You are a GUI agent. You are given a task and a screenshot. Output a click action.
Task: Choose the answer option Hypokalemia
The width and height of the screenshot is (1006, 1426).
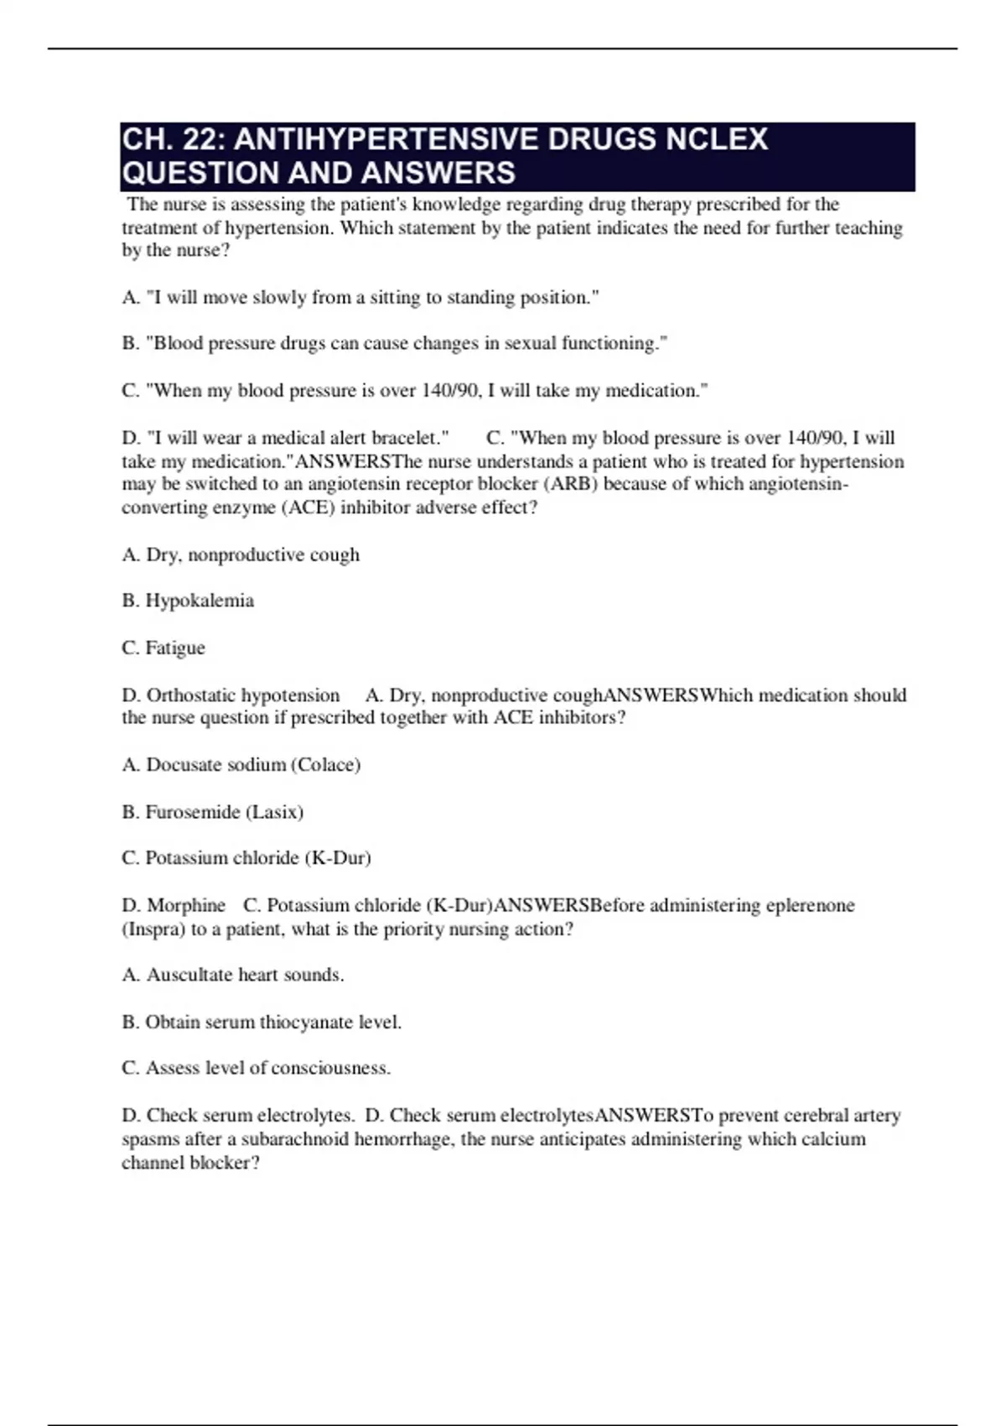[x=200, y=601]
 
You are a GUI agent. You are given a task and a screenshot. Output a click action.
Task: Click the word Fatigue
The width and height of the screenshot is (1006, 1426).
[x=175, y=648]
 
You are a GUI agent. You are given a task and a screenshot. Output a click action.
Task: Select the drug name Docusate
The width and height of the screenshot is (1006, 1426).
[x=181, y=765]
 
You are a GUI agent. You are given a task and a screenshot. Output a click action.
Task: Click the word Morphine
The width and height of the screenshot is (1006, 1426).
[x=186, y=906]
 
